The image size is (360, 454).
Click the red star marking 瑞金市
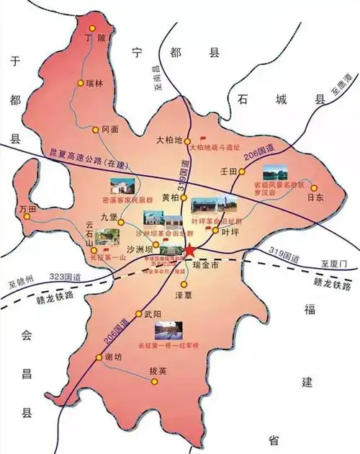click(x=189, y=250)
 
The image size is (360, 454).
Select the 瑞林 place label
click(x=95, y=84)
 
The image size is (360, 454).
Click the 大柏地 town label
click(x=170, y=140)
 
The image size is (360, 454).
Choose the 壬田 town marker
click(x=242, y=172)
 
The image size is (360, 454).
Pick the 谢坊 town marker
click(x=99, y=357)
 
